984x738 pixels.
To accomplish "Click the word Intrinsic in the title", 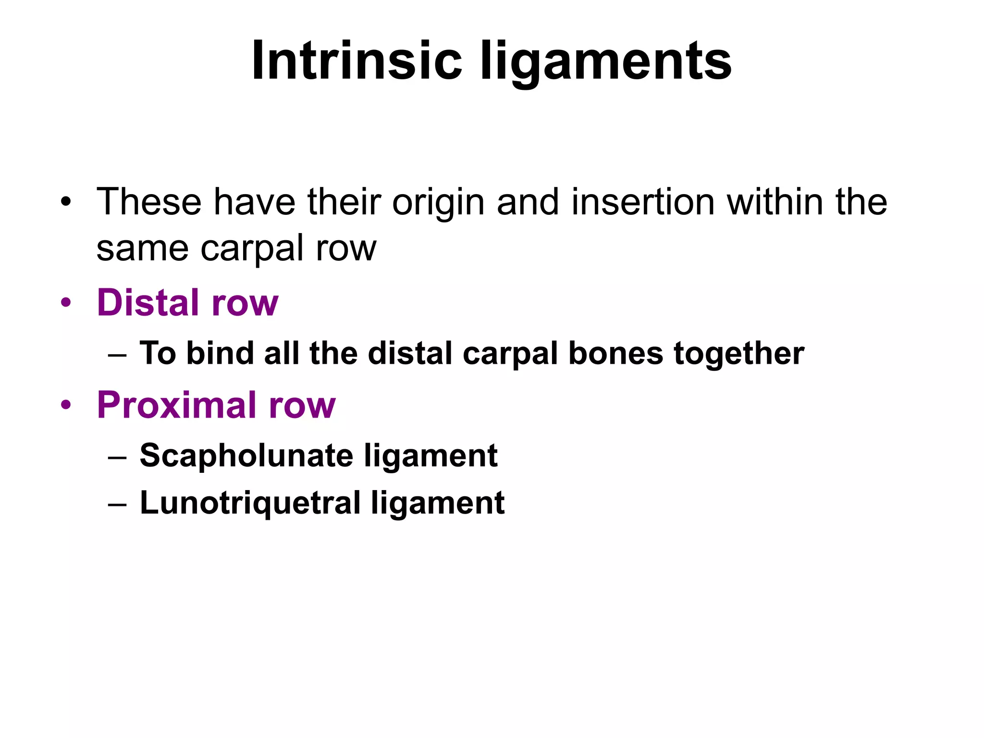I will click(x=356, y=61).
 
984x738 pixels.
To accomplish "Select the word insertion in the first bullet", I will click(x=643, y=202).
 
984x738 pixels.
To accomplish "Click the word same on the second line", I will click(x=142, y=248).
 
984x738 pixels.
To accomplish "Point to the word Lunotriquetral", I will click(x=250, y=503).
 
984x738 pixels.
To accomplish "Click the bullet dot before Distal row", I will click(x=66, y=303).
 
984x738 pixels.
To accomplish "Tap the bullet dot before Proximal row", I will click(x=66, y=406).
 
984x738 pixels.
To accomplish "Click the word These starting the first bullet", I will click(x=148, y=202).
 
